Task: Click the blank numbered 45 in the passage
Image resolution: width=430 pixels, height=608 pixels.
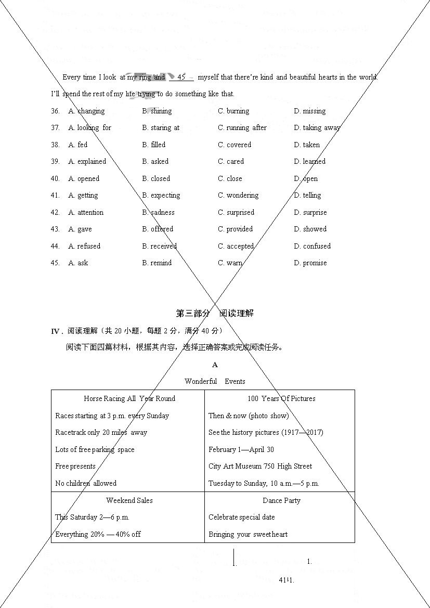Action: pyautogui.click(x=181, y=77)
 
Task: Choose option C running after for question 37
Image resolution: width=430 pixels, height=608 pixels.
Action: pyautogui.click(x=242, y=127)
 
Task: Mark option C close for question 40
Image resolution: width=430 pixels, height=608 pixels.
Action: pyautogui.click(x=230, y=178)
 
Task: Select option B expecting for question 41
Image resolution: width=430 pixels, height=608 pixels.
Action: pyautogui.click(x=161, y=195)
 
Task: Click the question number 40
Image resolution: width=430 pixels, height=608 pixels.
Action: pyautogui.click(x=55, y=178)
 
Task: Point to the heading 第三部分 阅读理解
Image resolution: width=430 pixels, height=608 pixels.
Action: pyautogui.click(x=215, y=313)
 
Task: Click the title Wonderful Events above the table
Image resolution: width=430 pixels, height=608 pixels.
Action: pyautogui.click(x=215, y=381)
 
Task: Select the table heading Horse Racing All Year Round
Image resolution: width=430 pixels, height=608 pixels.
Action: pyautogui.click(x=129, y=398)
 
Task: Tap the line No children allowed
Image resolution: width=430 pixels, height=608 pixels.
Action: pyautogui.click(x=86, y=483)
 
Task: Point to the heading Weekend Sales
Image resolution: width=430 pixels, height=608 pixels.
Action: pyautogui.click(x=129, y=500)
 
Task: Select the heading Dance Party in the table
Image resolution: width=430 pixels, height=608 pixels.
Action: pyautogui.click(x=281, y=500)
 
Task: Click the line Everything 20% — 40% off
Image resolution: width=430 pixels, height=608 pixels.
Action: pyautogui.click(x=98, y=534)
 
